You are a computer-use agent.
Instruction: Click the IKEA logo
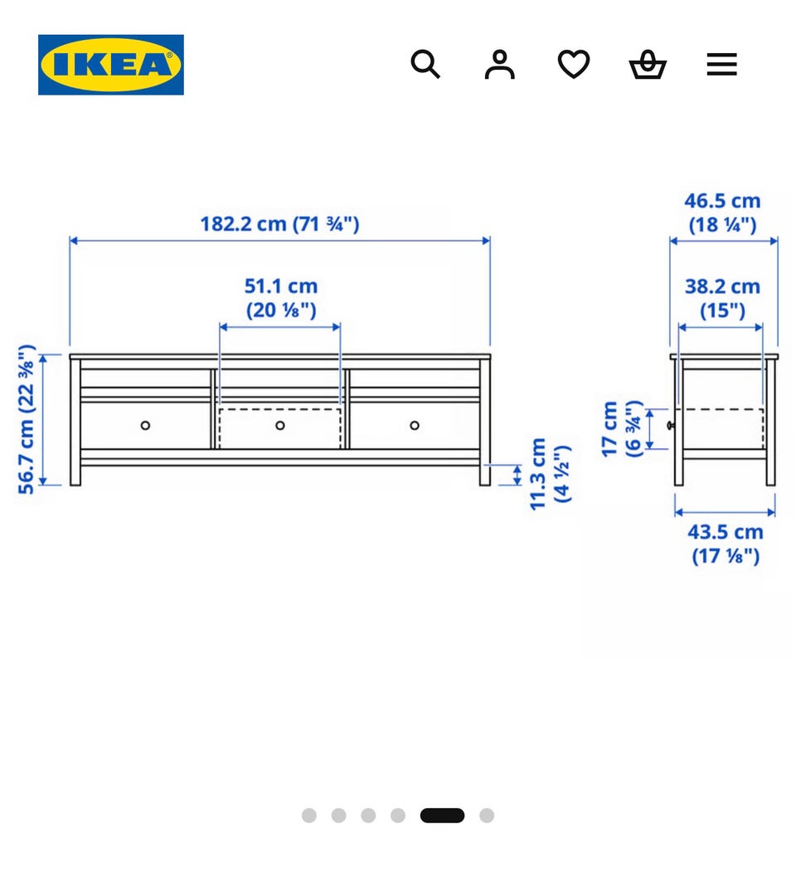pos(111,65)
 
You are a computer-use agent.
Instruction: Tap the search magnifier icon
pos(425,64)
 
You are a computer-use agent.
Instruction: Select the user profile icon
pos(499,64)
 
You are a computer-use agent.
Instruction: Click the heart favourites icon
pos(574,64)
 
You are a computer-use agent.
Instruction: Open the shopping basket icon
pos(648,64)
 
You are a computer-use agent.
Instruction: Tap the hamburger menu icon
pos(721,64)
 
